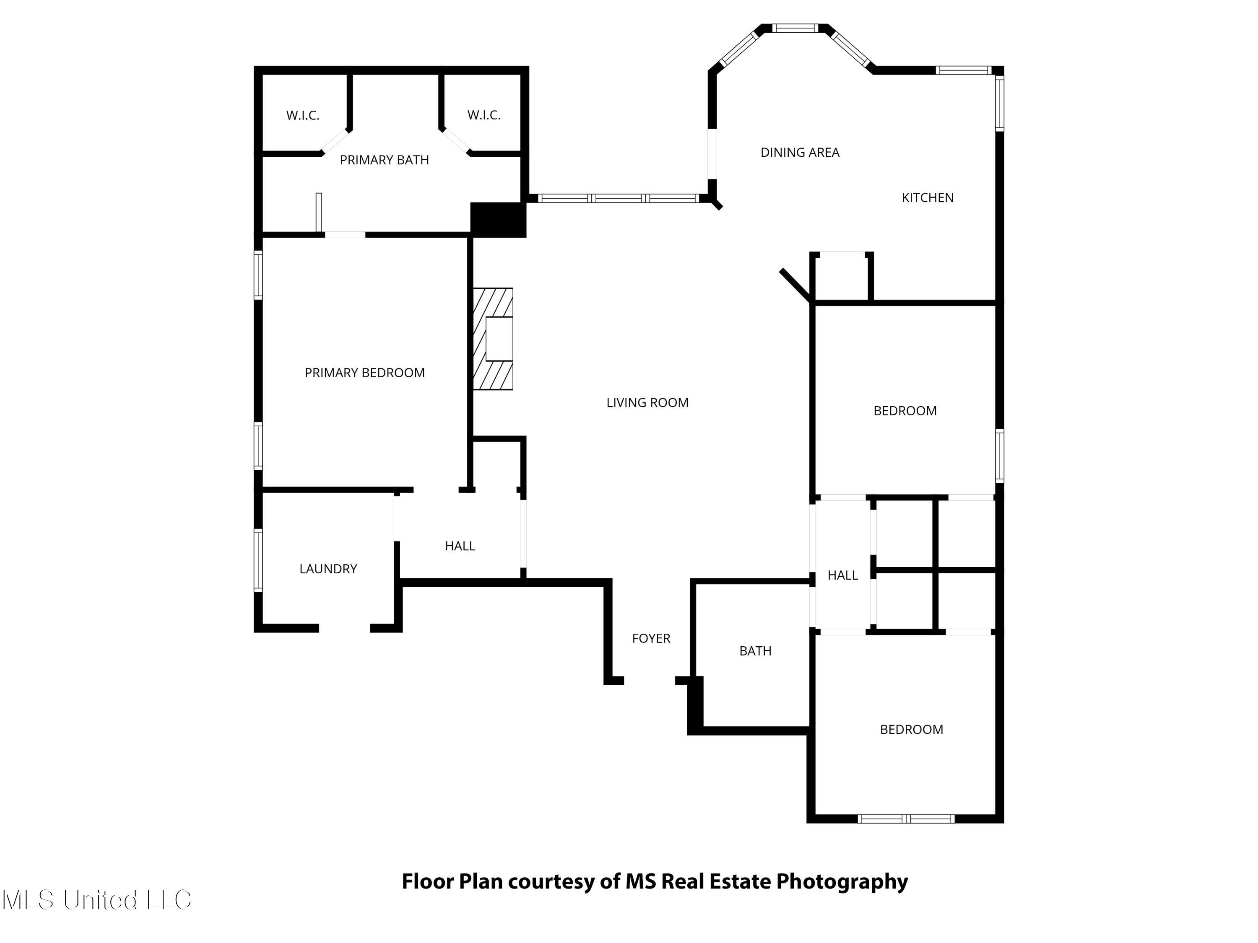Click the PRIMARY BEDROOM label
[364, 373]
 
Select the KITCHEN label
[928, 198]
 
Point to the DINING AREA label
[800, 152]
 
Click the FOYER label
[651, 638]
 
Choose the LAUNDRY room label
[328, 569]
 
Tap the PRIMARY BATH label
[385, 160]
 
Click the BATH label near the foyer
[755, 651]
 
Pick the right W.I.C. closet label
[484, 115]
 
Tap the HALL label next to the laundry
[460, 546]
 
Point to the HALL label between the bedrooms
[842, 575]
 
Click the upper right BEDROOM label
[905, 411]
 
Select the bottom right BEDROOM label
[911, 730]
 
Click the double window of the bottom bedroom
[906, 819]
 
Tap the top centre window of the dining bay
[795, 28]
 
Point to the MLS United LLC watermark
[97, 900]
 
